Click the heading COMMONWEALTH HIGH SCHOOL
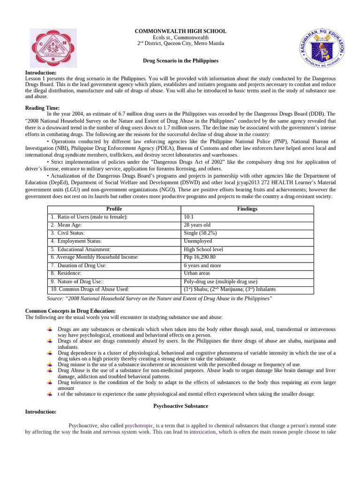point(180,31)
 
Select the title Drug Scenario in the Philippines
point(180,61)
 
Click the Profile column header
point(114,209)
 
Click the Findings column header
point(247,209)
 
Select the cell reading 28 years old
point(197,225)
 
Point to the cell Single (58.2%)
point(200,233)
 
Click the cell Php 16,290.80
point(200,257)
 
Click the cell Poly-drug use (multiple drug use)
point(220,282)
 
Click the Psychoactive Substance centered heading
point(180,405)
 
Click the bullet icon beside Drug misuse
point(50,365)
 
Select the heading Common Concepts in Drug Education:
point(70,311)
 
